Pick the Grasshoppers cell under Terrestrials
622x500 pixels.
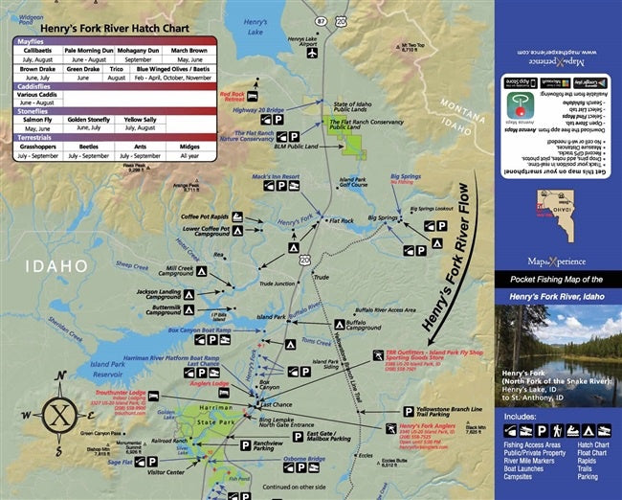pyautogui.click(x=36, y=144)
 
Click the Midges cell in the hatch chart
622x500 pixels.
pyautogui.click(x=189, y=144)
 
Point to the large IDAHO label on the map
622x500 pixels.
pyautogui.click(x=57, y=265)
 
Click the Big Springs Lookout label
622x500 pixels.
pyautogui.click(x=432, y=208)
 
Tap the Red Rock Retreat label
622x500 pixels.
pyautogui.click(x=233, y=97)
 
